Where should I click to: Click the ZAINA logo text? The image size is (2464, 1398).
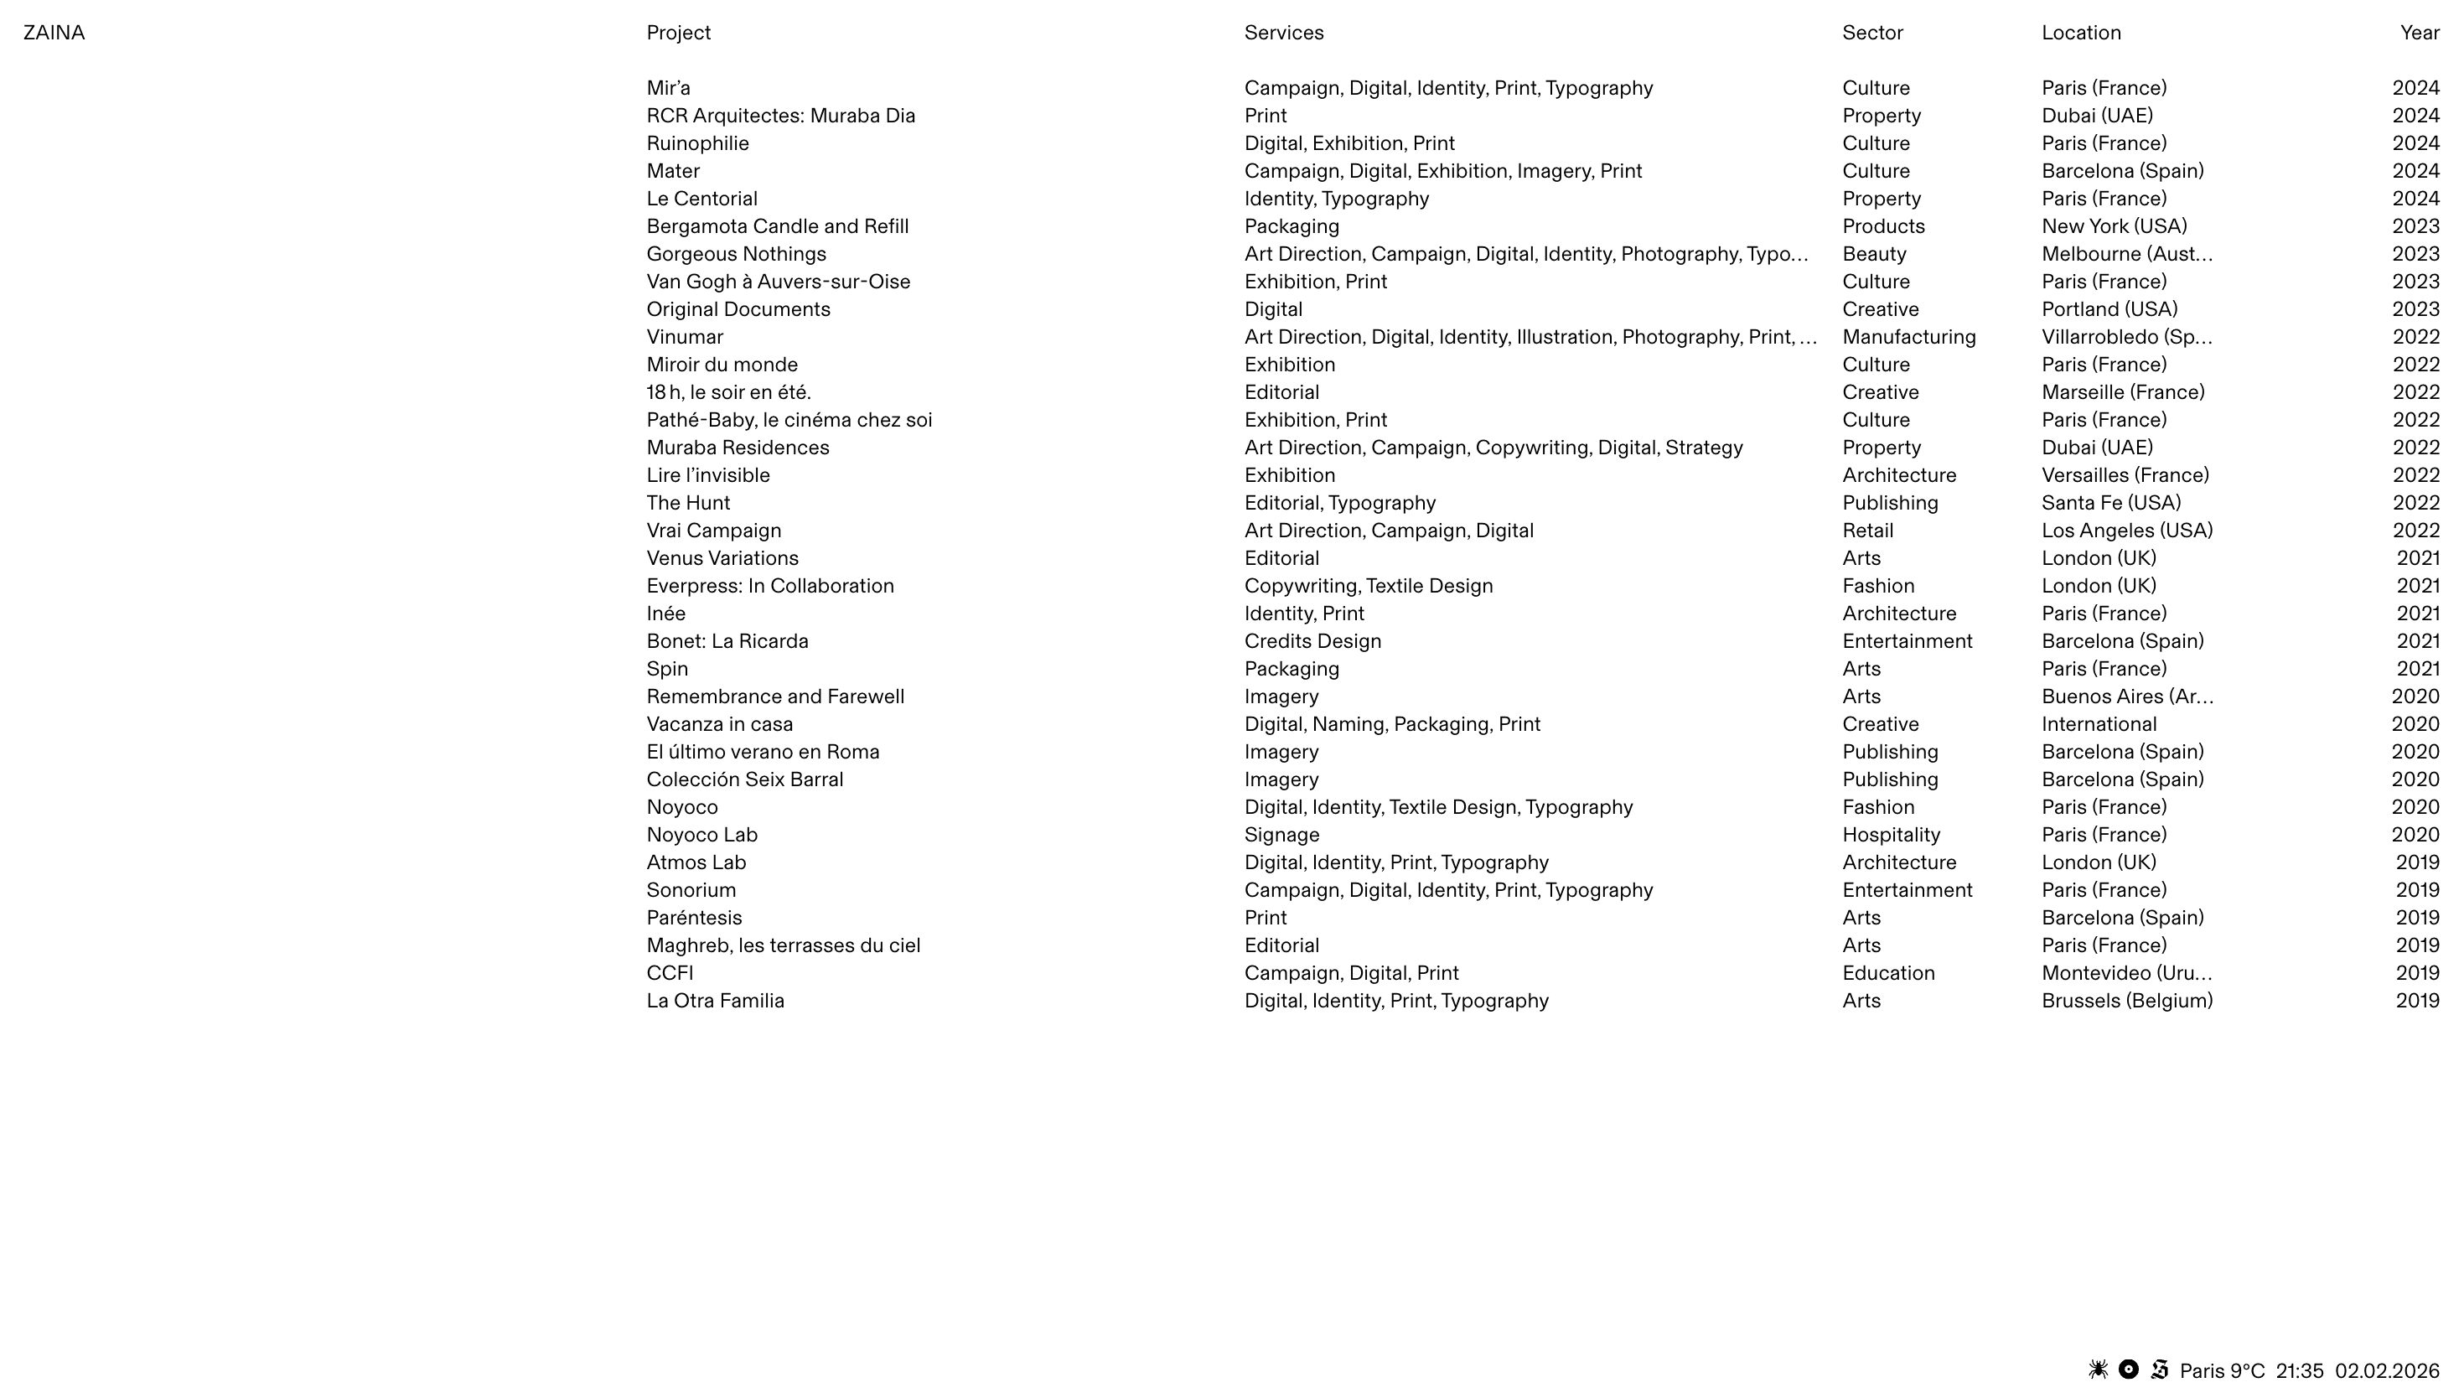click(54, 33)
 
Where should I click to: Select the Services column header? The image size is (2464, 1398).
click(1283, 33)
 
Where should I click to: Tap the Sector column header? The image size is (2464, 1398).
click(1871, 33)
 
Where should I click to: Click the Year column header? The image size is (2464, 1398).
click(2419, 33)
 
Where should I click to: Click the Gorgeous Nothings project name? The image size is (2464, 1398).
click(735, 253)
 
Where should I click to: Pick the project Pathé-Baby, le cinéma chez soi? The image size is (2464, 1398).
click(788, 420)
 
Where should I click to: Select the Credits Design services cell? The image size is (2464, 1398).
click(1312, 640)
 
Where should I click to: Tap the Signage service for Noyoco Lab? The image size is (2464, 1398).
click(1281, 835)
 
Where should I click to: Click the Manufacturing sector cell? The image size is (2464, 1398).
click(1908, 337)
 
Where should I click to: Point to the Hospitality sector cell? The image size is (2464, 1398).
click(1891, 835)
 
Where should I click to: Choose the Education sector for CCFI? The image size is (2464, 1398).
click(1888, 972)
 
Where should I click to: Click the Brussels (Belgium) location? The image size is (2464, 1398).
click(2126, 1001)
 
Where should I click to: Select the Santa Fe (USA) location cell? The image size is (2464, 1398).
click(2111, 502)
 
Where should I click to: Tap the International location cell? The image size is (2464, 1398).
click(2099, 724)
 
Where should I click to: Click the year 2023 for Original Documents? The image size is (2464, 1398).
click(2415, 309)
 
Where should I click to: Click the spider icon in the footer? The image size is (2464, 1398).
click(2099, 1370)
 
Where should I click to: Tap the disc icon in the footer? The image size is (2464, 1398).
click(2128, 1370)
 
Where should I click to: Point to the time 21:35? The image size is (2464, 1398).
click(2299, 1370)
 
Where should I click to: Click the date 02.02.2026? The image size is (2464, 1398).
click(2386, 1370)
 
